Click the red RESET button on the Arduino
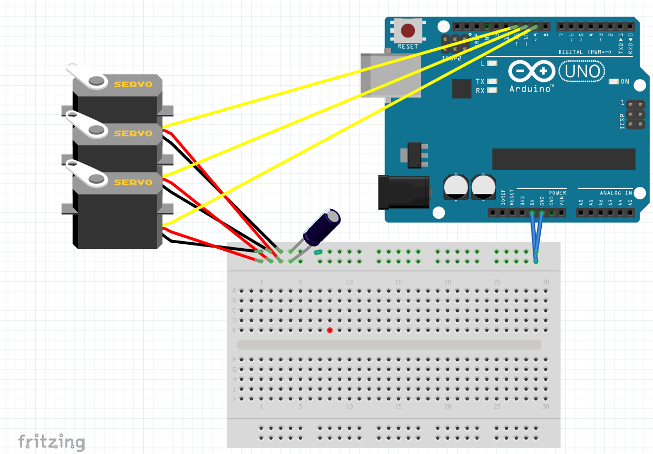407,30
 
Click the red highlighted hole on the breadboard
330,330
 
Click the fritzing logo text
52,442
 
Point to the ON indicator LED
613,82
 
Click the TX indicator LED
492,82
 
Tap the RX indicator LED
492,90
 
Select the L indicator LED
492,64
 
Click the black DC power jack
404,192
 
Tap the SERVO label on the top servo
133,85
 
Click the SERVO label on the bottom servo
133,183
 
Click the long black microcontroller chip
563,159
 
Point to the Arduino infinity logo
532,72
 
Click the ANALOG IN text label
616,193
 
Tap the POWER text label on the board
556,193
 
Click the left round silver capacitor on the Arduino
456,186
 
